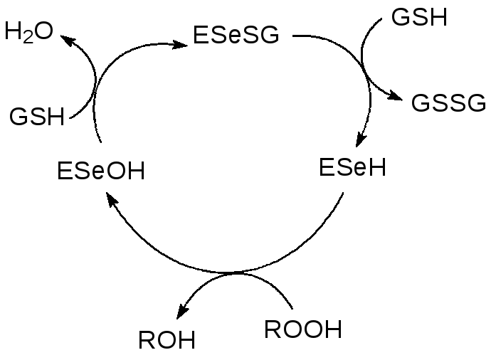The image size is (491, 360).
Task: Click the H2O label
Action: click(28, 33)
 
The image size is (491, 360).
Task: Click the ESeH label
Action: click(352, 168)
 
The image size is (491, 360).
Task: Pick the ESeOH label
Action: click(100, 171)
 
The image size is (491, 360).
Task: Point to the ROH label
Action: click(167, 341)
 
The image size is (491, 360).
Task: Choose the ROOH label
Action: click(302, 329)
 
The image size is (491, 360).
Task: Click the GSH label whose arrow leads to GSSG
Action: click(420, 17)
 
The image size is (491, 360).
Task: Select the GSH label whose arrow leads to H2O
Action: click(36, 117)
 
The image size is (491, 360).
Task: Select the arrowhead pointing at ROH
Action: click(182, 312)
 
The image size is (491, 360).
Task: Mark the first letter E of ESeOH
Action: click(63, 171)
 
